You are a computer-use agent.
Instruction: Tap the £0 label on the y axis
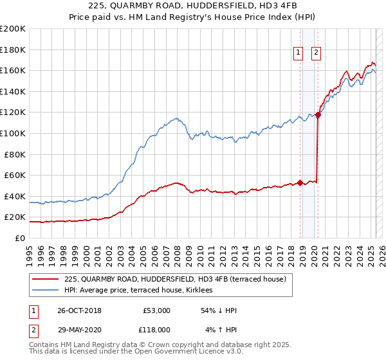tap(19, 238)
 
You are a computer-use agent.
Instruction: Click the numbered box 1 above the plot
tap(300, 54)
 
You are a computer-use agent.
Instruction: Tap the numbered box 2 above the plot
tap(317, 54)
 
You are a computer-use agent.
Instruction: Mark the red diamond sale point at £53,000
tap(300, 183)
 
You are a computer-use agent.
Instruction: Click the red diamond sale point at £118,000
tap(318, 114)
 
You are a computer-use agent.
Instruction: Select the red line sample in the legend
tap(45, 279)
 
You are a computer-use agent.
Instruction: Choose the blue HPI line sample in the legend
tap(45, 290)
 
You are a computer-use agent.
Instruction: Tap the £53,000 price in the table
tap(156, 310)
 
